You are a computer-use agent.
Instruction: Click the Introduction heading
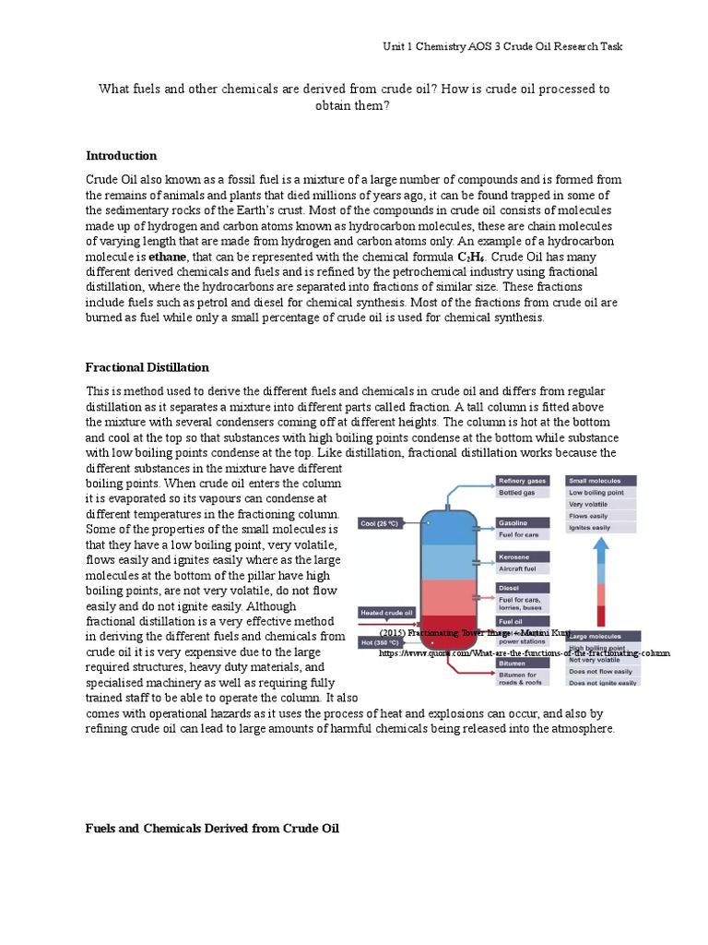(x=121, y=156)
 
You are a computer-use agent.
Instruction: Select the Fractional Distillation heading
(x=147, y=367)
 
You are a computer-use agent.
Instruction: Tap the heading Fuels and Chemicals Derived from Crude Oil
(x=212, y=829)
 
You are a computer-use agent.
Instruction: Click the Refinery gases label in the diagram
(x=523, y=481)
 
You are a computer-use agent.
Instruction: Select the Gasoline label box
(x=523, y=522)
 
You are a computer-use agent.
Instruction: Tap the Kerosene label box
(x=523, y=557)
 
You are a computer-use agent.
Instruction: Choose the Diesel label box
(x=523, y=588)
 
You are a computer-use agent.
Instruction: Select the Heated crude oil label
(x=386, y=613)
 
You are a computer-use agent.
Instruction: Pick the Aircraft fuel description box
(x=523, y=570)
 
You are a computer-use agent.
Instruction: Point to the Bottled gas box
(x=523, y=493)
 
